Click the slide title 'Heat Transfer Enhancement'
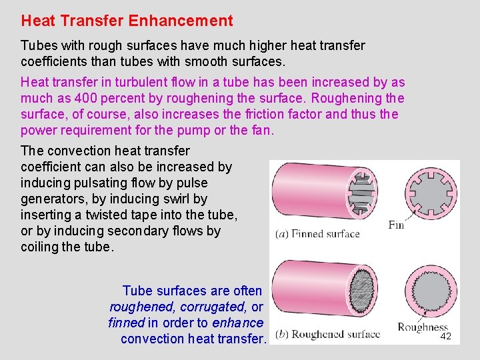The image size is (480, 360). pos(127,21)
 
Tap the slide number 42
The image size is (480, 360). pos(446,337)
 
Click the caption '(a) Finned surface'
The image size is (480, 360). pos(317,234)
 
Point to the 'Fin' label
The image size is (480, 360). pos(396,225)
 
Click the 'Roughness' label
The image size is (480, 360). pos(422,327)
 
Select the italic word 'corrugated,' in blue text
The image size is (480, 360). pos(216,307)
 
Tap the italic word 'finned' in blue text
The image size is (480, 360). pos(126,323)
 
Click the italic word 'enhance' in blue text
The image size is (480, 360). pos(238,323)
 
